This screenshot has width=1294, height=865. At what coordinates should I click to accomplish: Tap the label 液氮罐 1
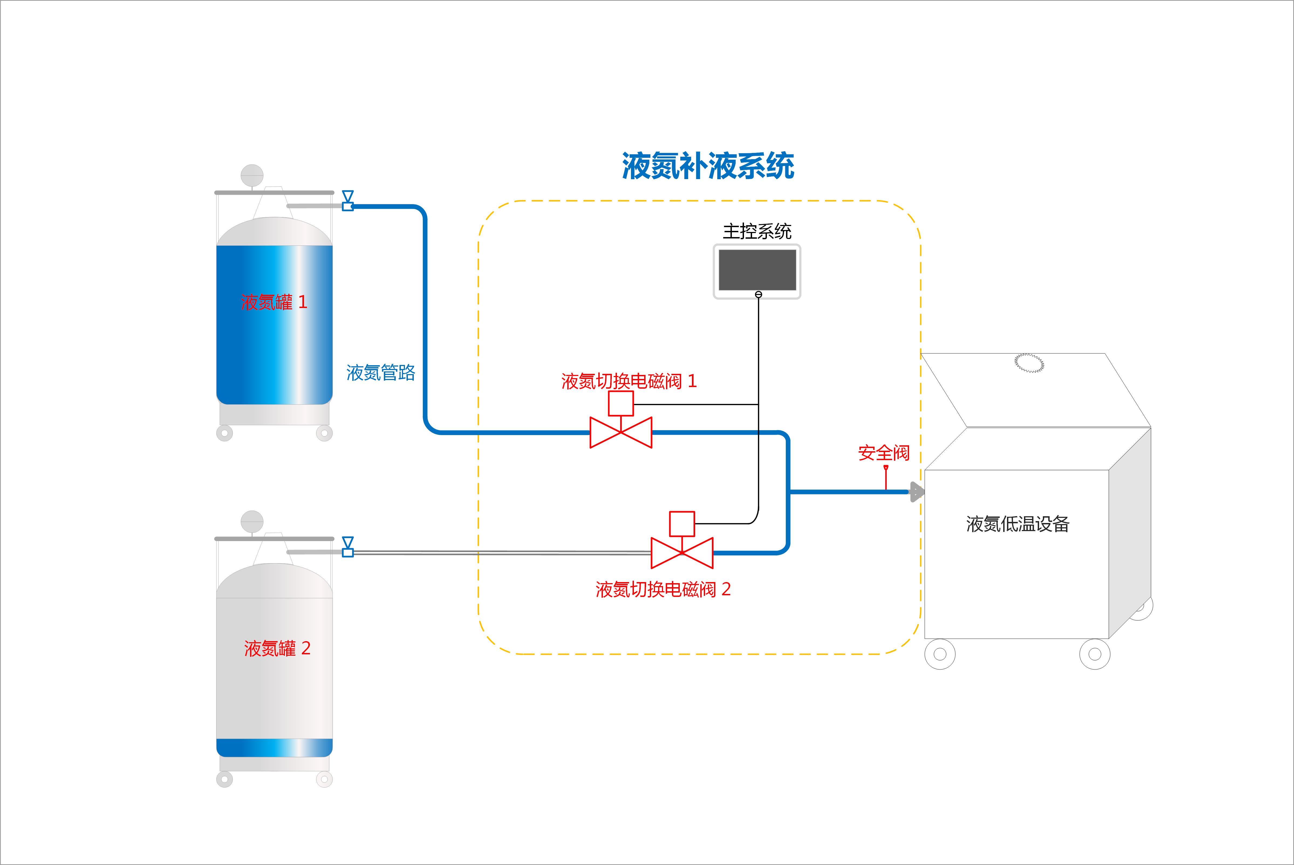click(274, 302)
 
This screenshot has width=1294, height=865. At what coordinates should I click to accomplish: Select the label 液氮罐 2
click(277, 648)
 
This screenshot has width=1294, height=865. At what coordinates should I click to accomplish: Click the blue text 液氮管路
click(381, 373)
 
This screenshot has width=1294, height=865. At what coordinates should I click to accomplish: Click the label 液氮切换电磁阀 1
click(629, 381)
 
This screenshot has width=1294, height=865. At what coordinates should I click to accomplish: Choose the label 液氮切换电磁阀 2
click(663, 590)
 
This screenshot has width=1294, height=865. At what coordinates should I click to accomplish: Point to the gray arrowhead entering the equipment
click(916, 491)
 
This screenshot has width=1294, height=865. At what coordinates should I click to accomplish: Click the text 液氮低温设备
click(1018, 524)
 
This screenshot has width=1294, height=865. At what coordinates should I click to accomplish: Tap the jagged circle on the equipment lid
click(1029, 363)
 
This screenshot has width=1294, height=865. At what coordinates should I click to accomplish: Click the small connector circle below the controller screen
click(759, 295)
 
